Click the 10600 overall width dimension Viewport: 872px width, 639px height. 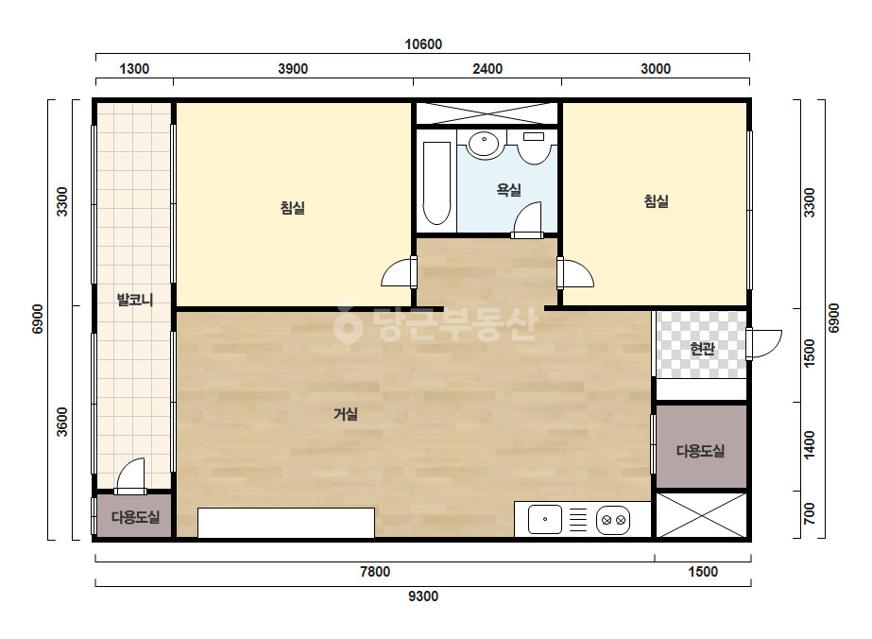423,44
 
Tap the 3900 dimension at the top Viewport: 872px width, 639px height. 293,68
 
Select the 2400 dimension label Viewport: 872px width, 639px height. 487,68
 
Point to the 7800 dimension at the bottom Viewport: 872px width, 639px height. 375,572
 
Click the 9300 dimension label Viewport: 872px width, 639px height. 423,596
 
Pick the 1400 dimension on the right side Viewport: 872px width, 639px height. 810,445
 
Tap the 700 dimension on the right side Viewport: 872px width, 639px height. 810,513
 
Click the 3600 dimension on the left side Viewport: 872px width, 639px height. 62,422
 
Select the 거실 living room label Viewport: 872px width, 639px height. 346,414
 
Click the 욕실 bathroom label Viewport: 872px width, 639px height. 509,190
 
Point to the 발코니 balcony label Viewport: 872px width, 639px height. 135,300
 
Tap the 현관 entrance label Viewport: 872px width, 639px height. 702,349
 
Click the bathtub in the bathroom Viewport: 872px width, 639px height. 436,183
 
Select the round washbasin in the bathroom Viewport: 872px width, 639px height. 484,144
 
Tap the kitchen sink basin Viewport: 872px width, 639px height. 545,519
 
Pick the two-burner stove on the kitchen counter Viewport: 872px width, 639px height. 613,521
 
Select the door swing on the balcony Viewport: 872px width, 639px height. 130,475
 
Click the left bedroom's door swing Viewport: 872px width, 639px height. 399,273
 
